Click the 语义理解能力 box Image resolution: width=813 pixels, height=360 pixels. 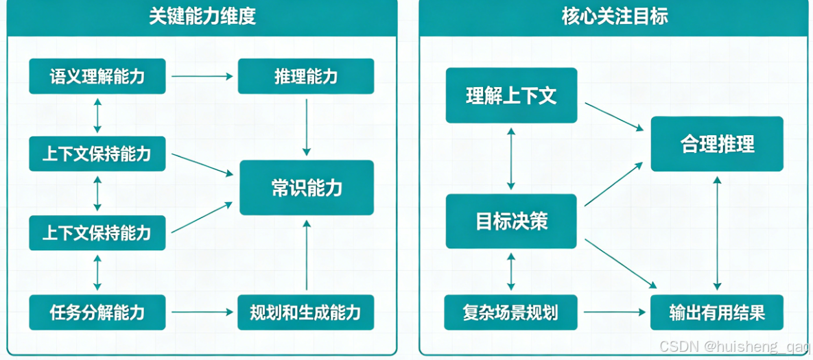[x=97, y=76]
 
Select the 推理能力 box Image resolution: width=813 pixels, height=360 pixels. [x=306, y=76]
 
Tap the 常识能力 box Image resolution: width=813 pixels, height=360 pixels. [x=306, y=188]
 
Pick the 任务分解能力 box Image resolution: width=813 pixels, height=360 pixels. [x=97, y=313]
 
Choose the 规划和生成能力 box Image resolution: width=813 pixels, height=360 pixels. [x=306, y=313]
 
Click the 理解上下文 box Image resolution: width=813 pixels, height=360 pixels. [x=511, y=95]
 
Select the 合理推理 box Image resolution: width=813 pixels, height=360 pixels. [x=717, y=144]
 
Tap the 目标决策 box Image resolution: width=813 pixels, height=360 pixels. [x=511, y=221]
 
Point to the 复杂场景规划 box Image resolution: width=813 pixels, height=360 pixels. [x=511, y=313]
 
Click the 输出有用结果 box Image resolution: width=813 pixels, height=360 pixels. [x=717, y=313]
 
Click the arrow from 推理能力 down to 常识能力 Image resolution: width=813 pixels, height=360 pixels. [x=307, y=127]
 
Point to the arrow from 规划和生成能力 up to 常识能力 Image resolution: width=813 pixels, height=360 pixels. [x=307, y=255]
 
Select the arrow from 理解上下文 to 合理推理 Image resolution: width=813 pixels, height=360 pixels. [x=613, y=117]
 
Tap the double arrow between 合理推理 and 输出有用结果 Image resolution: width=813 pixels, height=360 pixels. [x=717, y=233]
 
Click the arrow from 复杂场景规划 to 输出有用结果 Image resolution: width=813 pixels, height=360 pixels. [x=613, y=313]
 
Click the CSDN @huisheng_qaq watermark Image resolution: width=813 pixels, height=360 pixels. [x=735, y=347]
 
